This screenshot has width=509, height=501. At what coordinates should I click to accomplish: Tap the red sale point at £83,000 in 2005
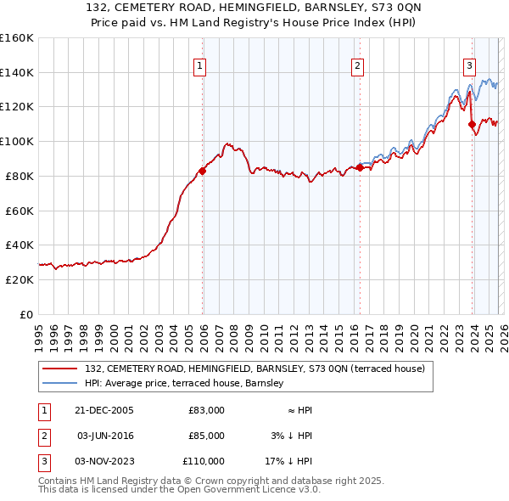(x=203, y=171)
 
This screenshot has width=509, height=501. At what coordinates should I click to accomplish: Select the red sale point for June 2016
(x=360, y=167)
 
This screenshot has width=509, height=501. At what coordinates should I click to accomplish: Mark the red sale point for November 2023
(x=472, y=124)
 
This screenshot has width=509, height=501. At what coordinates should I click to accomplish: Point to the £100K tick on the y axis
(x=16, y=141)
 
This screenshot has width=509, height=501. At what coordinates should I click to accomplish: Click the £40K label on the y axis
(x=19, y=245)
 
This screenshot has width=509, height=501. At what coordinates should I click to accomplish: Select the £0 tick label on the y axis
(x=25, y=314)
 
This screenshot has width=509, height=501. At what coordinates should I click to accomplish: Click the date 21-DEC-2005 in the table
(x=105, y=410)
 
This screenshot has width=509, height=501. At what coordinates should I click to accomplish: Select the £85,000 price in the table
(x=206, y=436)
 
